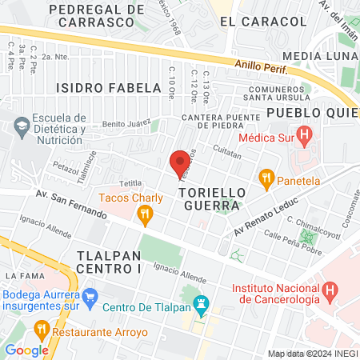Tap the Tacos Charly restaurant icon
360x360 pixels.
tap(144, 213)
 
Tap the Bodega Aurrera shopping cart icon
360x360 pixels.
tap(90, 294)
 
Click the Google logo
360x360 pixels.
tap(27, 350)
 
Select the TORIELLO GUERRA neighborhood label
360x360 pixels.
tap(209, 199)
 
